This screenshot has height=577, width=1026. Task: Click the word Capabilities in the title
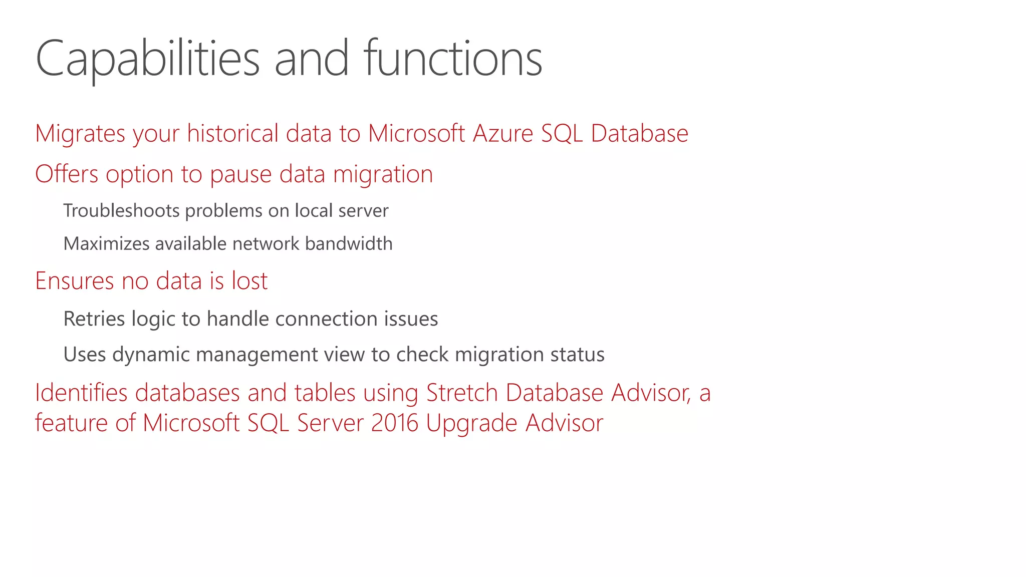coord(147,59)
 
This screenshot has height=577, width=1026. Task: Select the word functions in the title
coord(453,59)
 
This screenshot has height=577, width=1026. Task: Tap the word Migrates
coord(80,134)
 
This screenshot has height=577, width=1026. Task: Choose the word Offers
coord(67,174)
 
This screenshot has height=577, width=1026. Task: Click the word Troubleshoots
coord(121,211)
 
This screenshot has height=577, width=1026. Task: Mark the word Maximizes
coord(106,244)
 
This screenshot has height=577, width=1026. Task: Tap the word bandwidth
coord(349,244)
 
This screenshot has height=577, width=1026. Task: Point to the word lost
coord(249,280)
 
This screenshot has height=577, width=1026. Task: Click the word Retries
coord(94,319)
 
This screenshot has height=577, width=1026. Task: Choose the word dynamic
coord(151,355)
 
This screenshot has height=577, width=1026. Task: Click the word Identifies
coord(81,393)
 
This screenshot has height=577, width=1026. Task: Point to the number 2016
coord(395,423)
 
